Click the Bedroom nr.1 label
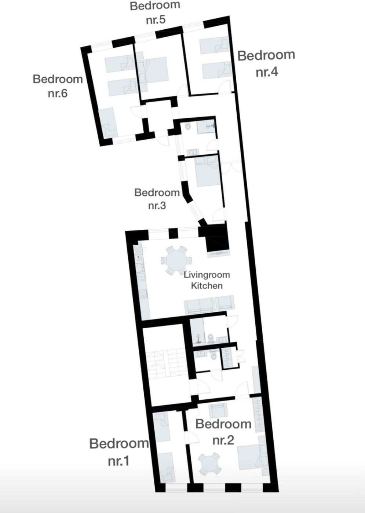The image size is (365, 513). [119, 452]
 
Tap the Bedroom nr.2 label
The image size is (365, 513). [223, 432]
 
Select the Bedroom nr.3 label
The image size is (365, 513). [157, 199]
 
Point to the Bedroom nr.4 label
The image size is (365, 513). [266, 63]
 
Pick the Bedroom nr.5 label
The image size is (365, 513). [155, 12]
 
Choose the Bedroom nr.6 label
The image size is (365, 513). [58, 86]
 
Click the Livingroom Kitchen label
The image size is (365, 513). [207, 280]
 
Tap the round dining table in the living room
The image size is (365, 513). [176, 261]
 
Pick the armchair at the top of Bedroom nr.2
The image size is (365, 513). [218, 411]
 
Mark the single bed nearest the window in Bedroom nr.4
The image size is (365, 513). [214, 45]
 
